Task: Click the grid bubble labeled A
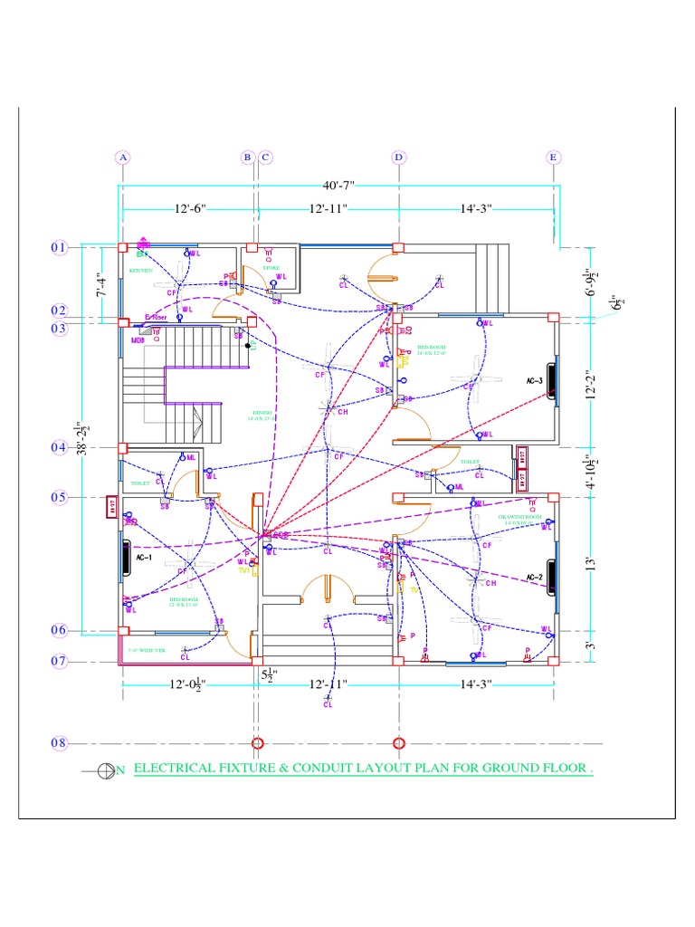click(x=123, y=157)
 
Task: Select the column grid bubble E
click(x=553, y=157)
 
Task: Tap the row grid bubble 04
click(x=59, y=447)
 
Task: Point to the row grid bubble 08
click(x=59, y=743)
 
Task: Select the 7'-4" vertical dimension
click(x=102, y=282)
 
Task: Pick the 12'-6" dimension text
click(x=190, y=209)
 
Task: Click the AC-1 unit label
click(x=144, y=559)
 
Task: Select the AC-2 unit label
click(x=533, y=577)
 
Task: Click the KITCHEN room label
click(x=140, y=271)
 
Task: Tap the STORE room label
click(x=271, y=268)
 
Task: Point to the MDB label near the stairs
click(x=138, y=340)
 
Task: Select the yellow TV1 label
click(x=243, y=571)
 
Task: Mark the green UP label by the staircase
click(x=254, y=345)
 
